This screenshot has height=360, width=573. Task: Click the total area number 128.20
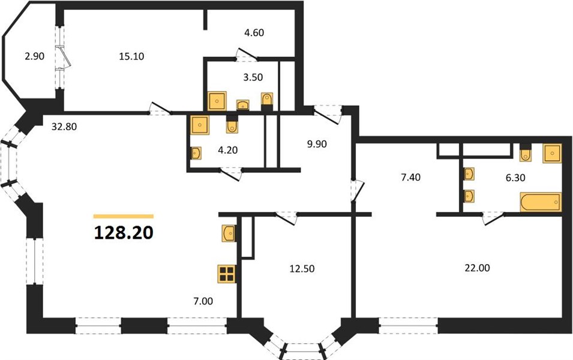tap(124, 232)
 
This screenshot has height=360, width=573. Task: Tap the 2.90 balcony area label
tap(34, 56)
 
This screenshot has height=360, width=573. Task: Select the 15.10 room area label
tap(131, 56)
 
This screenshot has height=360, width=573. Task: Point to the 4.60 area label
tap(254, 32)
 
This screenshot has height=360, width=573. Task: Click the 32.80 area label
tap(64, 127)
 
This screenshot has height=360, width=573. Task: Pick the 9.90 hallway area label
tap(317, 144)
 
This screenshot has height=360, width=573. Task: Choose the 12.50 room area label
tap(302, 269)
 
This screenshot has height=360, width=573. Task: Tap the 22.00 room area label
tap(477, 268)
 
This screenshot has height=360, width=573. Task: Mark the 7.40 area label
tap(411, 177)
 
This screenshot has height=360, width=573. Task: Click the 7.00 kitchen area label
tap(203, 301)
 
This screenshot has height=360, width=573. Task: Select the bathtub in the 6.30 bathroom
tap(541, 202)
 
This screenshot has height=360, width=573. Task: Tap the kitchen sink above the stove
tap(229, 233)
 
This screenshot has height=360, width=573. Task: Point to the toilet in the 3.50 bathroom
tap(267, 101)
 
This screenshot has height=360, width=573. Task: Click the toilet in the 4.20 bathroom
tap(232, 124)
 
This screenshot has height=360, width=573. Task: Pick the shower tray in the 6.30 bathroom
tap(552, 153)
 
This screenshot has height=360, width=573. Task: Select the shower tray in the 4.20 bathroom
tap(200, 125)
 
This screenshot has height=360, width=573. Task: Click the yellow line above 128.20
tap(124, 217)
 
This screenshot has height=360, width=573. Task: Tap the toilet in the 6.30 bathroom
tap(526, 153)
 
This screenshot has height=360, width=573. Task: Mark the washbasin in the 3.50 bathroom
tap(243, 105)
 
